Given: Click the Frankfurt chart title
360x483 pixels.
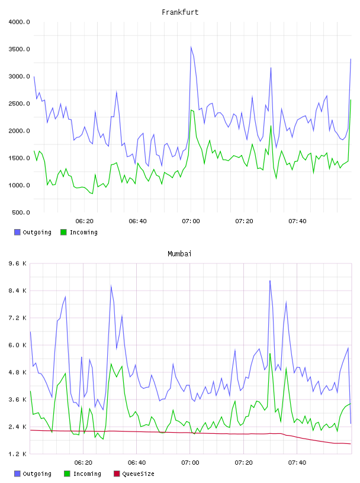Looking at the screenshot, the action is coord(180,12).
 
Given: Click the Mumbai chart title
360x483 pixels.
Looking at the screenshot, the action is coord(179,254).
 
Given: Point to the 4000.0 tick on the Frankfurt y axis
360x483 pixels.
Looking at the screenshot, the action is coord(19,22).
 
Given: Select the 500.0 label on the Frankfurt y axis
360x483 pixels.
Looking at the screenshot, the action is coord(21,212).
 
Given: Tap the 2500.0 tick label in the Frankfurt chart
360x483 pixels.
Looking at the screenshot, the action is coord(19,104).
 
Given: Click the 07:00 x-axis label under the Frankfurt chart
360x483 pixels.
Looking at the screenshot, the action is coord(191,221).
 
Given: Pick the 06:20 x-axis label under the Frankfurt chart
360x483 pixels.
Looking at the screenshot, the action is coord(85,221).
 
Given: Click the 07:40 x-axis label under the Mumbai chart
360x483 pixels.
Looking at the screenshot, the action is coord(297,463).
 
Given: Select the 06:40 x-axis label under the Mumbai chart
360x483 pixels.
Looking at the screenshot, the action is coord(137,463).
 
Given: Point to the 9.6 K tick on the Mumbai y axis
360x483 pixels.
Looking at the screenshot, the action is coord(18,263).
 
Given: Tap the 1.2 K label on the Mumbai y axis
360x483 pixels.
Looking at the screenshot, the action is coord(18,454).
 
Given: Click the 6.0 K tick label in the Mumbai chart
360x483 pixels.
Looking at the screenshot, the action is coord(18,345).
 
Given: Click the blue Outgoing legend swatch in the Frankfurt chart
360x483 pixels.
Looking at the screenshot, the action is coord(17,232).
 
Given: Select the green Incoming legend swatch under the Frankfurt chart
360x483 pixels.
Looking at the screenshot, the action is coord(63,232).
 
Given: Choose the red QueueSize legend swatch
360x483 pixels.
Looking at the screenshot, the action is coord(117,474).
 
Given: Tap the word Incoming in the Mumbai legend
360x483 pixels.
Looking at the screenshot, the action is coord(87,474).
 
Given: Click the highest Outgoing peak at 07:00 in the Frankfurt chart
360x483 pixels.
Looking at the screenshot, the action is coord(191,47).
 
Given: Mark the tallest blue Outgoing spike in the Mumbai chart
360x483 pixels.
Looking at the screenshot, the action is coord(270,281).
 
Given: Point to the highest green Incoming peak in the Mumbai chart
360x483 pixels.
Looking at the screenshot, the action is coord(270,353).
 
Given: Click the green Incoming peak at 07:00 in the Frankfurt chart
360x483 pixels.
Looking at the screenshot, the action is coord(191,110).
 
